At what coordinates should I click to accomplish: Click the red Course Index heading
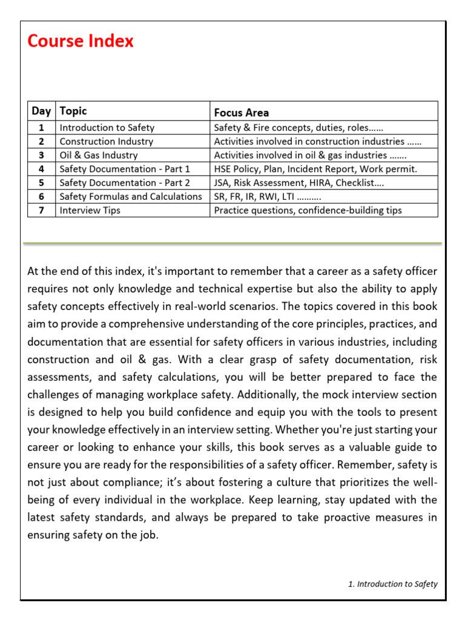pyautogui.click(x=81, y=41)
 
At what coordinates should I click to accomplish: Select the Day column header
pyautogui.click(x=41, y=111)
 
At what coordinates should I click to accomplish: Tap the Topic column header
pyautogui.click(x=73, y=111)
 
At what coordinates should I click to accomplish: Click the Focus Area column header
pyautogui.click(x=242, y=113)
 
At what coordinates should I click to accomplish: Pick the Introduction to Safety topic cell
pyautogui.click(x=107, y=128)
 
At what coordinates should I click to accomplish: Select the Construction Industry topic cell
pyautogui.click(x=106, y=142)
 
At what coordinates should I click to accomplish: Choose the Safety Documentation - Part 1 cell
pyautogui.click(x=125, y=169)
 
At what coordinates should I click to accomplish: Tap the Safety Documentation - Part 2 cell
pyautogui.click(x=125, y=183)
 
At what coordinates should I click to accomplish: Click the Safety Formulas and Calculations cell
pyautogui.click(x=131, y=196)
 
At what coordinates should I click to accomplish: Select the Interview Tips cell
pyautogui.click(x=90, y=210)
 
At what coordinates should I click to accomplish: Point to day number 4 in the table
pyautogui.click(x=41, y=169)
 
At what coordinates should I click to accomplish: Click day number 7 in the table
pyautogui.click(x=41, y=210)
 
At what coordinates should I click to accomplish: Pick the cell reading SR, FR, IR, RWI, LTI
pyautogui.click(x=268, y=196)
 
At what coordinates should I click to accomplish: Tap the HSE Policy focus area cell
pyautogui.click(x=315, y=169)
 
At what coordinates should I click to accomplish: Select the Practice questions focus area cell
pyautogui.click(x=308, y=210)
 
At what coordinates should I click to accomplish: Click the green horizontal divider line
pyautogui.click(x=232, y=243)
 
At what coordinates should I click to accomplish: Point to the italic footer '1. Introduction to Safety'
pyautogui.click(x=392, y=584)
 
